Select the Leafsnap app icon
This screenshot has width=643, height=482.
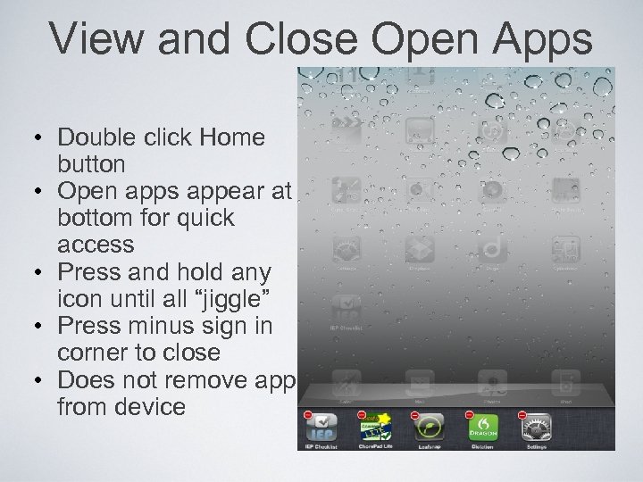click(x=430, y=428)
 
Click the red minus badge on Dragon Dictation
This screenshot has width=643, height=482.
click(x=470, y=414)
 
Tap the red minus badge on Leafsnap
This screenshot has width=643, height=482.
click(x=415, y=414)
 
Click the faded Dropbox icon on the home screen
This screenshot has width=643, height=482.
click(x=419, y=249)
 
